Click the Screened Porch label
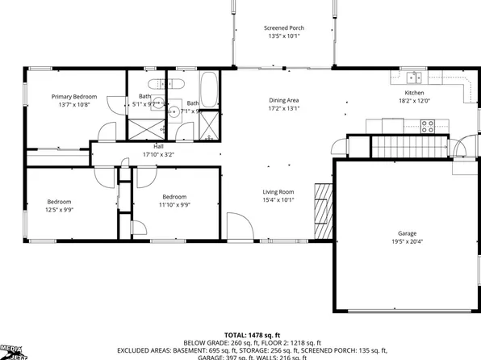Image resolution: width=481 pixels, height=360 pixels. [282, 27]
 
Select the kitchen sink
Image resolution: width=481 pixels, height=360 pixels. [412, 78]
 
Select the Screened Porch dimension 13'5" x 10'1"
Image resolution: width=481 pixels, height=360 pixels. [282, 36]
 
